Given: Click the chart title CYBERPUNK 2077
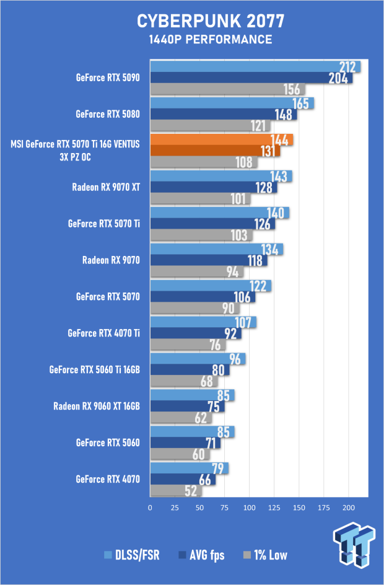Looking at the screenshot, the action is tap(211, 21).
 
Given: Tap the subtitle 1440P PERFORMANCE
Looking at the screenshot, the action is tap(211, 40).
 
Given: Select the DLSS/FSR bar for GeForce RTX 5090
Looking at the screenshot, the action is tap(255, 66).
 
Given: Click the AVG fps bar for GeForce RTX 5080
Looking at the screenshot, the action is tap(224, 114).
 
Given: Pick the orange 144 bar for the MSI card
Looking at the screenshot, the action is tap(222, 139).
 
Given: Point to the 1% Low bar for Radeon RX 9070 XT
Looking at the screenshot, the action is tap(200, 199).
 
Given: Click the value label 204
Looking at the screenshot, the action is tap(338, 78).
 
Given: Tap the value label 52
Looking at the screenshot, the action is tap(191, 491).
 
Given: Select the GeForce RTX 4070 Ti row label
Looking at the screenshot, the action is tap(103, 333).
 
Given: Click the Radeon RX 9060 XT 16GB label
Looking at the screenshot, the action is tap(97, 407).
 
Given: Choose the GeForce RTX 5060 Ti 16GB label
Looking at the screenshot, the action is tap(95, 370).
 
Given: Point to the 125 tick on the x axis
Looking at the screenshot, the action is tap(274, 508).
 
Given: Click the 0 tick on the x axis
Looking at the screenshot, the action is tap(151, 508).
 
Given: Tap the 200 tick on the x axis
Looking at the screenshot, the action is tap(349, 508).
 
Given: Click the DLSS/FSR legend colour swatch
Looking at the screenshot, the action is tap(108, 555).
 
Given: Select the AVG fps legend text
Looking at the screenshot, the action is tap(207, 555).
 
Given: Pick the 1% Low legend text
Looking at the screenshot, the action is tap(271, 555).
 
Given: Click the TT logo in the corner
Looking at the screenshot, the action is tap(354, 544).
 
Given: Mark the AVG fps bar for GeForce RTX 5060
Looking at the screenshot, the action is tap(185, 443).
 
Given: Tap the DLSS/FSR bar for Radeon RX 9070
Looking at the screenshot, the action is tap(217, 249).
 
